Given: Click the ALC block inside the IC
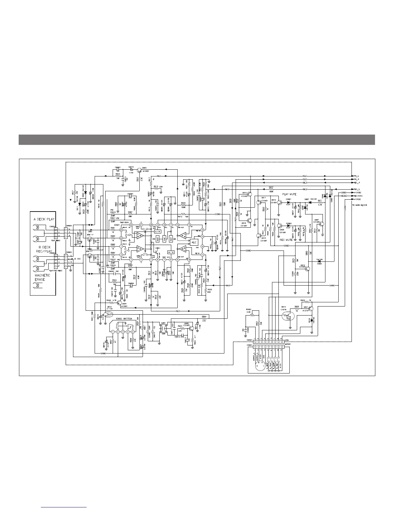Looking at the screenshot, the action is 194,242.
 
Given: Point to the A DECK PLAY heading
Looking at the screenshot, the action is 44,219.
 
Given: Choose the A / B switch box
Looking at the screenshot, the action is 158,231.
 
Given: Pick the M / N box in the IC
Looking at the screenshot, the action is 171,252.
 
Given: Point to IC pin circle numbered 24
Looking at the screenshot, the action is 121,230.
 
